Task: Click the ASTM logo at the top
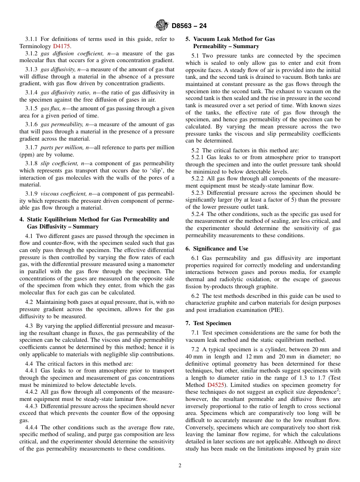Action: point(162,26)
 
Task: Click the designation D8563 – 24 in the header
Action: point(189,26)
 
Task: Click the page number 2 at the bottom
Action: point(180,466)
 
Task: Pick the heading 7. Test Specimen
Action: point(208,323)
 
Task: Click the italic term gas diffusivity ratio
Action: point(63,93)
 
